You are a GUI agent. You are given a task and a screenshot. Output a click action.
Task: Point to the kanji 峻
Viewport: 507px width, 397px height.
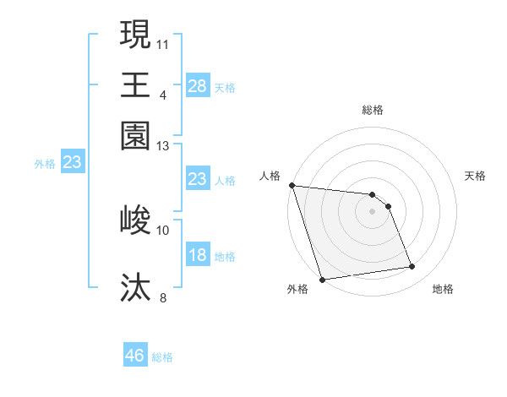click(135, 221)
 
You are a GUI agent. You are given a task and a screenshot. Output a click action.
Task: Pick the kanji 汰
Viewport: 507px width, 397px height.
click(135, 287)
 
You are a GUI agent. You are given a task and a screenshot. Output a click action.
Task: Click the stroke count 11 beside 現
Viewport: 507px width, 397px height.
click(162, 42)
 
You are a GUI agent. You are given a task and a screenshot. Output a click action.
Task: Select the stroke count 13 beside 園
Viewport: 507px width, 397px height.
click(162, 146)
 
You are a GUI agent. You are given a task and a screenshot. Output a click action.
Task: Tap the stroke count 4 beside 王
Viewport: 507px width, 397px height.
click(162, 94)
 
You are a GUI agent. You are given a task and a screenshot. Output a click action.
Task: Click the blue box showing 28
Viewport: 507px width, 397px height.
click(197, 86)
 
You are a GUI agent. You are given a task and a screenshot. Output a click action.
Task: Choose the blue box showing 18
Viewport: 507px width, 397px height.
click(197, 256)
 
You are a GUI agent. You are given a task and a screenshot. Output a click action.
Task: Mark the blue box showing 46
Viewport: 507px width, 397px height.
click(135, 356)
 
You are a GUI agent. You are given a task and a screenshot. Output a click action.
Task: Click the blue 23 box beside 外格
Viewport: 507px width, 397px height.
click(72, 163)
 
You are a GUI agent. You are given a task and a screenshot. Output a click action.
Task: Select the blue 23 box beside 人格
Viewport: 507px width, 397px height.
click(197, 179)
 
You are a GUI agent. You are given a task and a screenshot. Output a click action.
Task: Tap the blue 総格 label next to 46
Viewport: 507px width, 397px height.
click(162, 357)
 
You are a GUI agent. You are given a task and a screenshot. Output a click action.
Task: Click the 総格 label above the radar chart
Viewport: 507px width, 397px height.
click(372, 110)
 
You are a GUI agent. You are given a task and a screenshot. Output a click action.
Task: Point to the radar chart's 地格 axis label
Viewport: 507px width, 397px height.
click(443, 289)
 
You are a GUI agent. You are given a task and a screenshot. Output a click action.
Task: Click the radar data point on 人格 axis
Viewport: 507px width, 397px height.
click(292, 185)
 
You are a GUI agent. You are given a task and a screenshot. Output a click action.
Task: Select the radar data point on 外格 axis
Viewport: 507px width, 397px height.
click(322, 280)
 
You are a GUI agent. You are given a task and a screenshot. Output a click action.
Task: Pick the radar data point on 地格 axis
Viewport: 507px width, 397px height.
click(412, 267)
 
